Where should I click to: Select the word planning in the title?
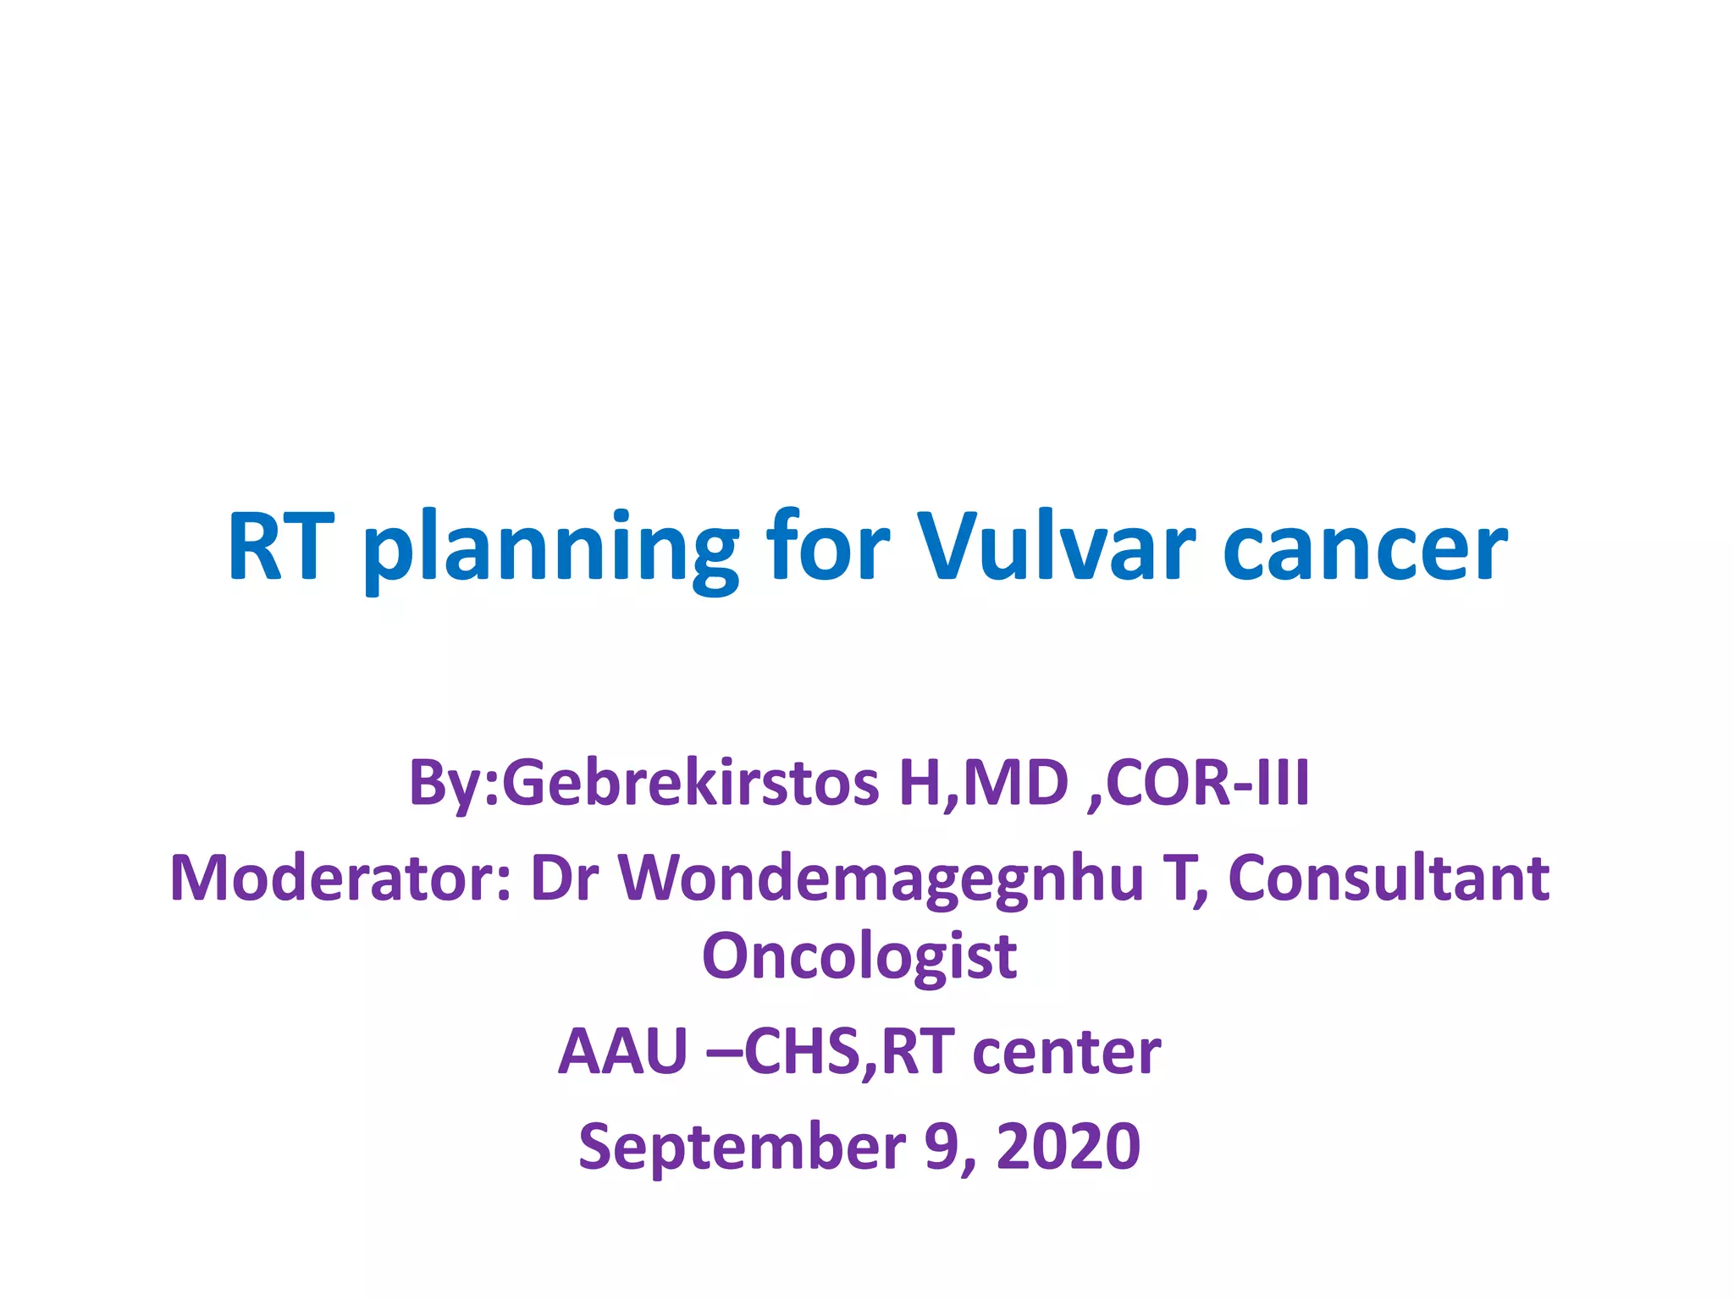[x=550, y=550]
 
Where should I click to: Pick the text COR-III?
[x=1207, y=783]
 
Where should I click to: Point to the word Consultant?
[x=1389, y=878]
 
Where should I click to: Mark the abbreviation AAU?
[x=622, y=1052]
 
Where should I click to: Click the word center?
[x=1067, y=1052]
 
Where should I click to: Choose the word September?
[x=742, y=1148]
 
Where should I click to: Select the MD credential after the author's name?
[x=1016, y=783]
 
